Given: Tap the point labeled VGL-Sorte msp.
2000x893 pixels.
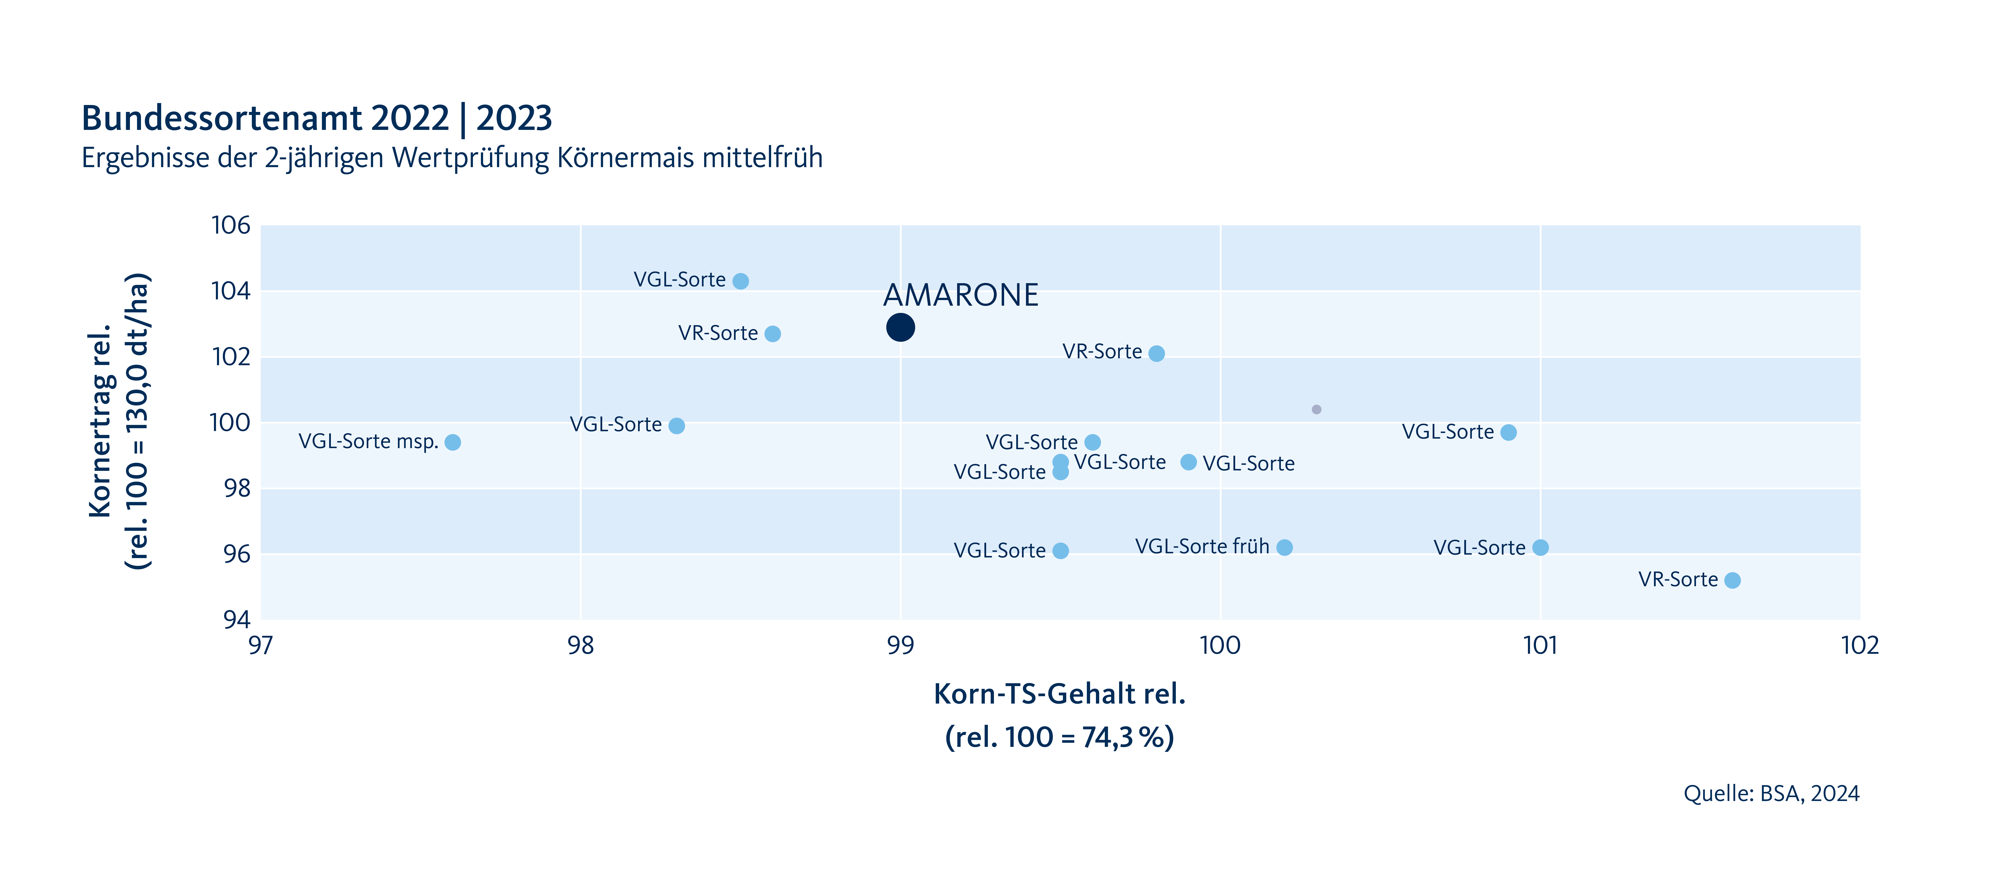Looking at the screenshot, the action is coord(453,442).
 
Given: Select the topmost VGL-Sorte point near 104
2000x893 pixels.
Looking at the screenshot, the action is coord(741,280).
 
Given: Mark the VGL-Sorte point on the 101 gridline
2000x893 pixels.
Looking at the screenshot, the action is coord(1540,547).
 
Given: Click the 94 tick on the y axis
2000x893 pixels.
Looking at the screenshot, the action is coord(237,620).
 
